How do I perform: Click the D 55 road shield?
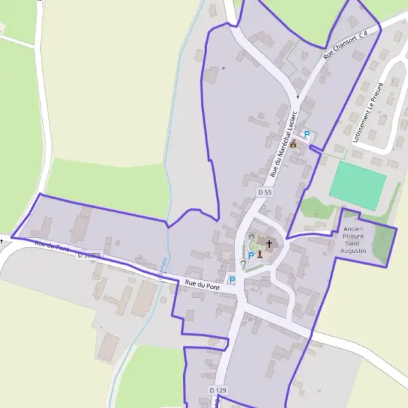[265, 193]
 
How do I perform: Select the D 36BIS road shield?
[89, 255]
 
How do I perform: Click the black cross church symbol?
[269, 244]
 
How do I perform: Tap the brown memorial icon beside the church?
[259, 256]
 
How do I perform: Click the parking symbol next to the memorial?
[250, 256]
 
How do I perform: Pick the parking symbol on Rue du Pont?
[232, 279]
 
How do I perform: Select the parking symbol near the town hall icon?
[307, 135]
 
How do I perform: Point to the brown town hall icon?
[294, 144]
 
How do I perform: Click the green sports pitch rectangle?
[358, 186]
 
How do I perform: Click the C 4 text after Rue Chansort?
[367, 33]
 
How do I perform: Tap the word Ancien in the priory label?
[354, 229]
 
